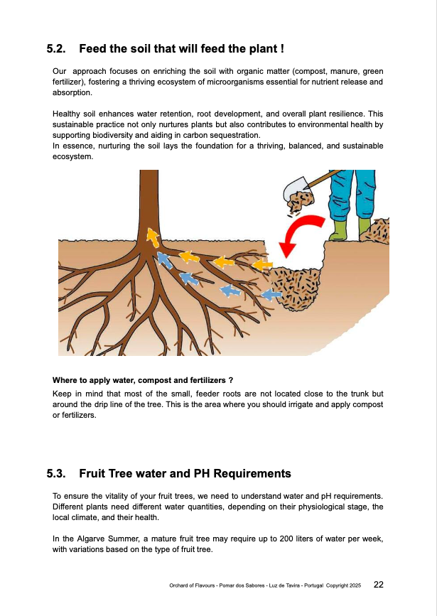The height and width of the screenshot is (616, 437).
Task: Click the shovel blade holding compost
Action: pos(296,190)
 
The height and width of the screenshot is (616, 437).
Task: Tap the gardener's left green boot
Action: pos(339,229)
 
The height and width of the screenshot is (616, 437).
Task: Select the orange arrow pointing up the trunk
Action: pos(152,237)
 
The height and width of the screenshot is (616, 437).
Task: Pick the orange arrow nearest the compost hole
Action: pos(262,265)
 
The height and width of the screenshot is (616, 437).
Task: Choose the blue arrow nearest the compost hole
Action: pos(271,294)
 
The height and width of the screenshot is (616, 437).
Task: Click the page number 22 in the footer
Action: pos(379,585)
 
